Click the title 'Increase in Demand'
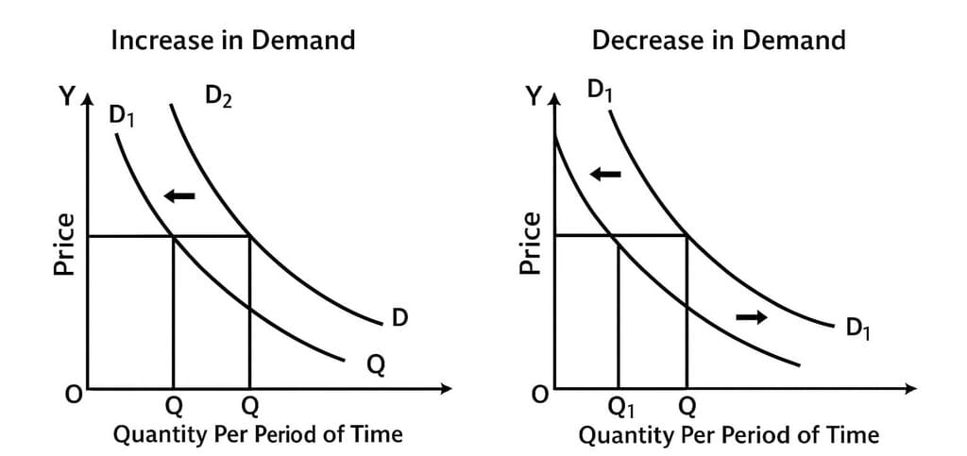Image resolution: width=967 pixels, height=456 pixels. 233,41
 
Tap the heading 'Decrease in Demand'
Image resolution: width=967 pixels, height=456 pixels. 719,41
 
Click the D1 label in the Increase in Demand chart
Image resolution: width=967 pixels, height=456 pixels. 122,115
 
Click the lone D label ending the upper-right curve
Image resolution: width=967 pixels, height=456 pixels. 399,317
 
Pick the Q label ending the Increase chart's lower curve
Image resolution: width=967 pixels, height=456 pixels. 375,363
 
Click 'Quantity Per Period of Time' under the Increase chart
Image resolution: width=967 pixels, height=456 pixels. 258,434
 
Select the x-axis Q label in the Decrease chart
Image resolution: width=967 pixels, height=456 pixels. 687,407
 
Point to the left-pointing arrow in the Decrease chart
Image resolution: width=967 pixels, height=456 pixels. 606,174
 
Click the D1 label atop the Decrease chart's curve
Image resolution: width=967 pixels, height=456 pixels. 600,91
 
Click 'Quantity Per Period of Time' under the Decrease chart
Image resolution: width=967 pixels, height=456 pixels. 728,435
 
